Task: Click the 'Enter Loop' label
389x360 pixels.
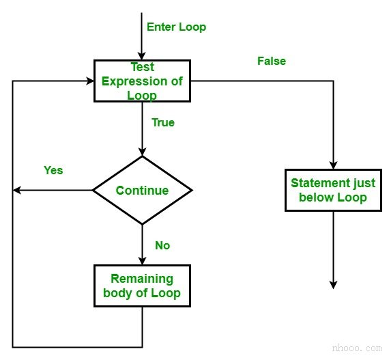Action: click(x=176, y=27)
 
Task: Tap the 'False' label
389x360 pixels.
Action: click(x=272, y=61)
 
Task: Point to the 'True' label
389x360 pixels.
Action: click(x=163, y=122)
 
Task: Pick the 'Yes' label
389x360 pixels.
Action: click(x=53, y=170)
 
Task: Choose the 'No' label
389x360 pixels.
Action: click(x=162, y=245)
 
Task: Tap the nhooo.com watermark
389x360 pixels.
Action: click(x=357, y=348)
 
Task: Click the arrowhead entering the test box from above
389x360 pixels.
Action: click(x=142, y=56)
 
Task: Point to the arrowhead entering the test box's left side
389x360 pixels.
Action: click(x=90, y=81)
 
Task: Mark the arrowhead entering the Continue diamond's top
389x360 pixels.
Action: click(x=143, y=152)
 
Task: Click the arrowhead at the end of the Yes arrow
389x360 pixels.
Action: click(x=16, y=191)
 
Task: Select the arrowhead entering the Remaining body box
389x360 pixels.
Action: click(x=143, y=261)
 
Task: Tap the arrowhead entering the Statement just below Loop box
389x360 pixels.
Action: click(x=333, y=165)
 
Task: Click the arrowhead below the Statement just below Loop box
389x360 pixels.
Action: click(x=333, y=286)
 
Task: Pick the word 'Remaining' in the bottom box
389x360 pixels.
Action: click(x=142, y=279)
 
